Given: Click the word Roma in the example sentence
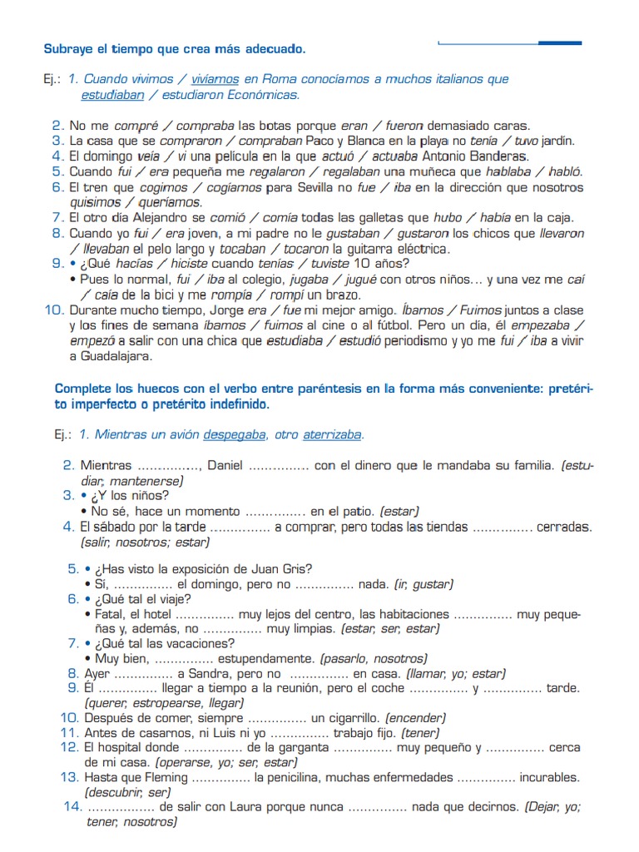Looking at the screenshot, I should pos(279,79).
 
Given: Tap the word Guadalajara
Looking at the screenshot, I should pos(116,356).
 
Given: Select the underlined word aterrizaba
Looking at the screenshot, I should pos(332,434).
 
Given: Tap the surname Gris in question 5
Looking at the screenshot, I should pos(295,569).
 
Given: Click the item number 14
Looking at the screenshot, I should pos(72,806).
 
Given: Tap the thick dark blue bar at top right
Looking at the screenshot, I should pos(560,42).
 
